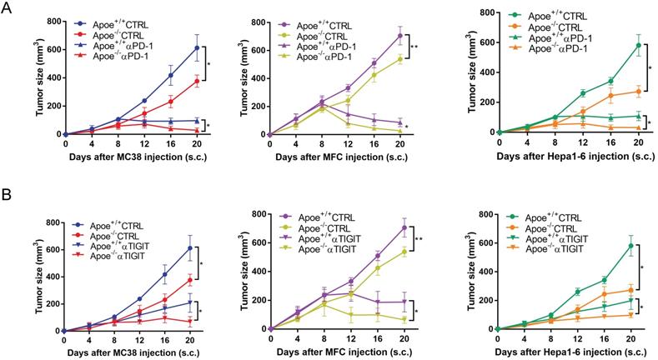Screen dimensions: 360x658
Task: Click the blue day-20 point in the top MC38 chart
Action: [197, 47]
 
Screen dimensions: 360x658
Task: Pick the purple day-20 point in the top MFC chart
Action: [400, 36]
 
